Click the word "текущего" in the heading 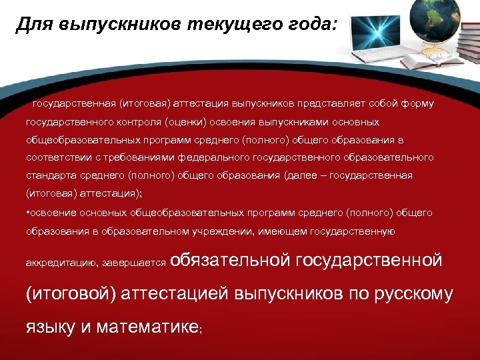click(224, 26)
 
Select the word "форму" click(418, 104)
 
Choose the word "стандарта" click(49, 176)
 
